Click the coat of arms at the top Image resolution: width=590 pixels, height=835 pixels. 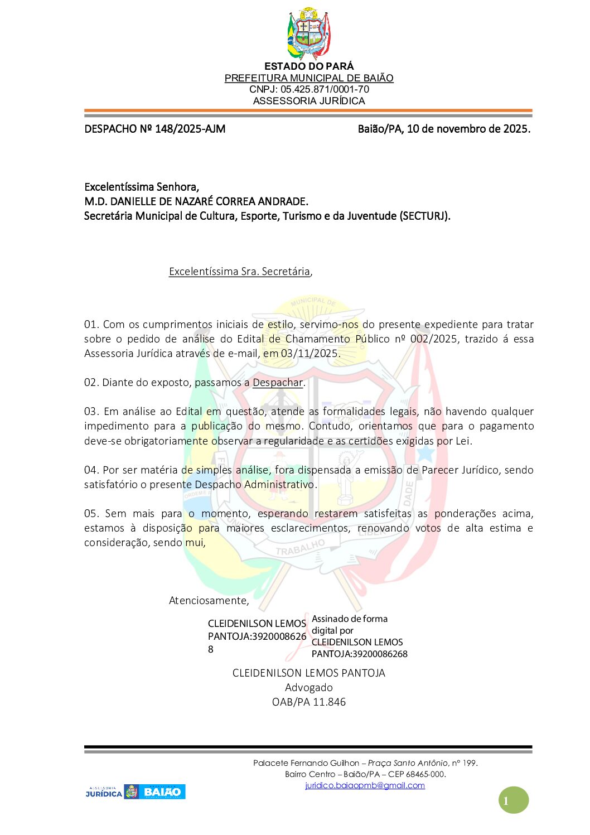point(308,33)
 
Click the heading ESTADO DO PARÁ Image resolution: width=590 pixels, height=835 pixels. point(309,66)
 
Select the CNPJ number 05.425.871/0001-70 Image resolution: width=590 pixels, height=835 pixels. point(325,89)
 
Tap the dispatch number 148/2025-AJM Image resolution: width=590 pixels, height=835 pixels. point(190,129)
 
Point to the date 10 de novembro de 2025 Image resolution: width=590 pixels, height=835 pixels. point(468,129)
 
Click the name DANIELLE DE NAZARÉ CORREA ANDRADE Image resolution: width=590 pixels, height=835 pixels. point(209,201)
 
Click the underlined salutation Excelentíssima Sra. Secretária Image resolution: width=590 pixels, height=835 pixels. point(239,272)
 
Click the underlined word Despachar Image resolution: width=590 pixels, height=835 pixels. point(278,383)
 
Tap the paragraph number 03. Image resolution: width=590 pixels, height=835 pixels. point(91,412)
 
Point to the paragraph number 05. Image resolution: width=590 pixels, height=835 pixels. point(91,513)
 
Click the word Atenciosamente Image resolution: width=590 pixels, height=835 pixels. point(209,601)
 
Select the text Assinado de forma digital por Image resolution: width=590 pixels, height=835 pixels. point(349,624)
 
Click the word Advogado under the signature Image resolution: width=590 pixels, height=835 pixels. point(309,688)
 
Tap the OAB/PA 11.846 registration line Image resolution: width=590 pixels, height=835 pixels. point(309,702)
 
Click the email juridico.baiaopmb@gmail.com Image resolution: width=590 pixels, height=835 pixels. point(365,785)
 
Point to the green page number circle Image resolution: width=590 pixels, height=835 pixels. point(513,800)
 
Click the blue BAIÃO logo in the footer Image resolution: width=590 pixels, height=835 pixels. point(162,791)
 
